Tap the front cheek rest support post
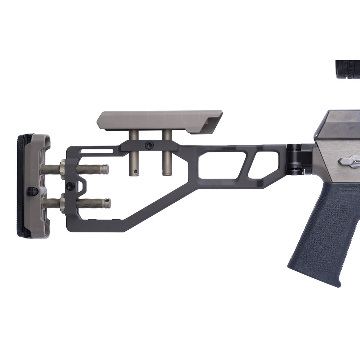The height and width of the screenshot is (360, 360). tap(167, 158)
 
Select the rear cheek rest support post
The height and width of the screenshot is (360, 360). tap(134, 158)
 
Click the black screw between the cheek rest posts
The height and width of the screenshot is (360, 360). tap(149, 145)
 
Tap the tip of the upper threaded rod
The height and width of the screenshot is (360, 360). tap(105, 169)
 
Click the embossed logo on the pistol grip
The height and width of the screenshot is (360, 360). tap(348, 190)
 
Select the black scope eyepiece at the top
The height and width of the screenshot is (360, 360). tap(348, 69)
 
